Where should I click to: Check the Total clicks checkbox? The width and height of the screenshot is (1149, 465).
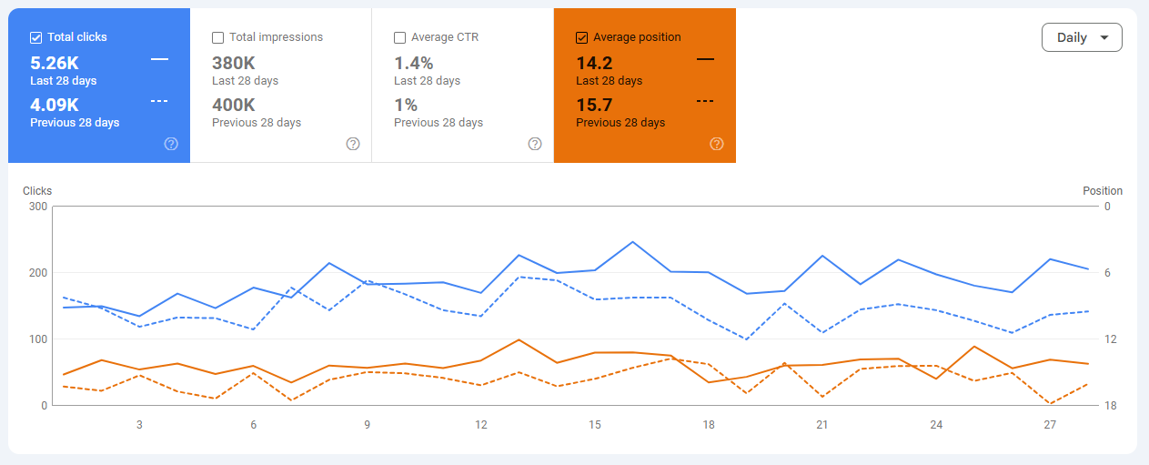pyautogui.click(x=36, y=37)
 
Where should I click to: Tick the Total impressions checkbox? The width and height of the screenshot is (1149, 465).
pyautogui.click(x=218, y=37)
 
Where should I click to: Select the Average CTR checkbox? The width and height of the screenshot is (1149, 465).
pyautogui.click(x=400, y=37)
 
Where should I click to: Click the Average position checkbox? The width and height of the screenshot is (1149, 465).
pyautogui.click(x=582, y=37)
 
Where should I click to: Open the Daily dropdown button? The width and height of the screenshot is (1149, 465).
pyautogui.click(x=1082, y=37)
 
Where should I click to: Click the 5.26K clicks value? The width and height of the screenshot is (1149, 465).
pyautogui.click(x=55, y=63)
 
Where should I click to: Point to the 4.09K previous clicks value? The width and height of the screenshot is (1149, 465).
pyautogui.click(x=55, y=105)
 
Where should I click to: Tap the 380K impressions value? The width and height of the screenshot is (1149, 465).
pyautogui.click(x=234, y=63)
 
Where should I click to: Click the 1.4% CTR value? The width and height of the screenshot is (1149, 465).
pyautogui.click(x=414, y=63)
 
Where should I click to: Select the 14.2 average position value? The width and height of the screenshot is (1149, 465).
pyautogui.click(x=594, y=63)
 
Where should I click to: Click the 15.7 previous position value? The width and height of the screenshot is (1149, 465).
pyautogui.click(x=594, y=105)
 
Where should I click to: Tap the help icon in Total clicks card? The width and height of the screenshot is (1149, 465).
pyautogui.click(x=171, y=144)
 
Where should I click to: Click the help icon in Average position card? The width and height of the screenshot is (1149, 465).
pyautogui.click(x=717, y=144)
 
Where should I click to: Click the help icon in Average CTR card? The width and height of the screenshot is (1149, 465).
pyautogui.click(x=535, y=144)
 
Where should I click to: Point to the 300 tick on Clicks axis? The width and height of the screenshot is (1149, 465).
pyautogui.click(x=36, y=207)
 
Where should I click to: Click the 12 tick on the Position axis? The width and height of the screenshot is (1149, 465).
pyautogui.click(x=1109, y=339)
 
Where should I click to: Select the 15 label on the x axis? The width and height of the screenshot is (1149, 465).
pyautogui.click(x=595, y=425)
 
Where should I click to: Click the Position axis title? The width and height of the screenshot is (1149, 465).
pyautogui.click(x=1103, y=191)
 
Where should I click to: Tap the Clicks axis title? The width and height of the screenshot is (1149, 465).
pyautogui.click(x=37, y=191)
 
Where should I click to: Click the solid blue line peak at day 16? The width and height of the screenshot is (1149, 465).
pyautogui.click(x=632, y=242)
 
